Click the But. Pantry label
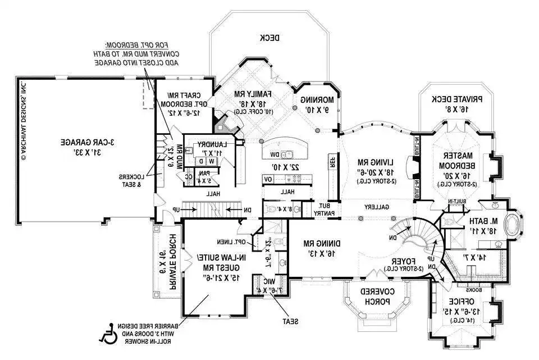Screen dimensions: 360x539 tap(324, 209)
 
